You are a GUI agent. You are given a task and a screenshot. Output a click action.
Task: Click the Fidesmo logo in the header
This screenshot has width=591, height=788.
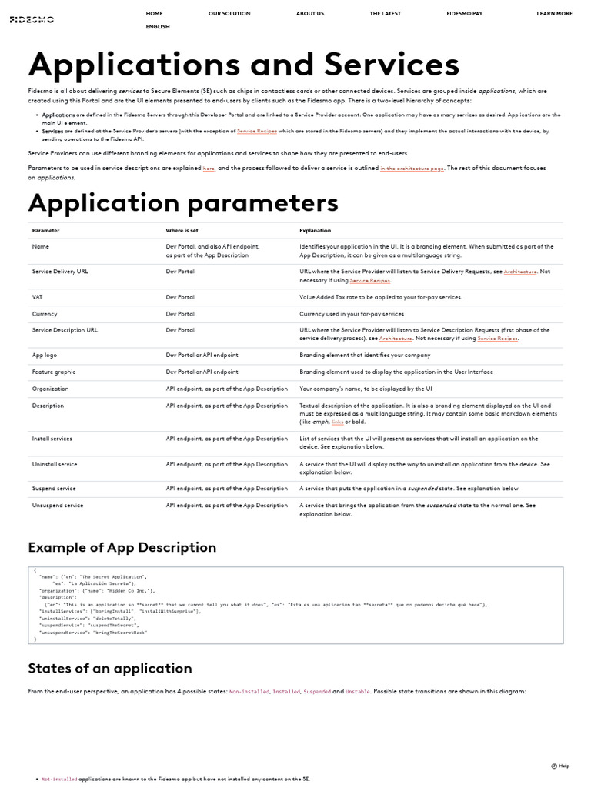click(26, 20)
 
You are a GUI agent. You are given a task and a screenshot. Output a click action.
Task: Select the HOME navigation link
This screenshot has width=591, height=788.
click(154, 13)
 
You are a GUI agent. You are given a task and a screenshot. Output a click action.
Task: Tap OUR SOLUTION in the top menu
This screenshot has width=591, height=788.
click(229, 13)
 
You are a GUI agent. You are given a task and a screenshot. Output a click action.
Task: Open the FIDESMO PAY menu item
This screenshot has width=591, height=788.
click(465, 13)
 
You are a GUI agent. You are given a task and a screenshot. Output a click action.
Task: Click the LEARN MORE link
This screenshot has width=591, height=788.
click(554, 13)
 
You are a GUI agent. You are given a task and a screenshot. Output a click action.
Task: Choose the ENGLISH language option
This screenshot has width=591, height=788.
click(158, 27)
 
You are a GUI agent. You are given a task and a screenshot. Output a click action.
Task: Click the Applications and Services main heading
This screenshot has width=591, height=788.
click(244, 64)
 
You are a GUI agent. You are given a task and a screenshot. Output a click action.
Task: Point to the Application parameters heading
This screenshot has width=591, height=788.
click(183, 202)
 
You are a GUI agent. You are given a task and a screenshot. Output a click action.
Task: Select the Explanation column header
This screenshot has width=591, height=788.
click(315, 230)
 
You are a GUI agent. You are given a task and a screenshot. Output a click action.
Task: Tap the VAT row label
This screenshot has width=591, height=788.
click(37, 297)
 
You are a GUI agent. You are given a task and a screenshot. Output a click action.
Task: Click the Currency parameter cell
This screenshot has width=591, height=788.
click(45, 314)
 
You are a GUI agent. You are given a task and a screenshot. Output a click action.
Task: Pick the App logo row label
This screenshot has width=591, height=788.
click(45, 355)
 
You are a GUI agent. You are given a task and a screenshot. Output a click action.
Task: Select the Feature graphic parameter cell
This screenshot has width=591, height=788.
click(54, 372)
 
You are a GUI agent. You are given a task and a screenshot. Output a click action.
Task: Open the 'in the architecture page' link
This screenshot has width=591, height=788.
click(412, 168)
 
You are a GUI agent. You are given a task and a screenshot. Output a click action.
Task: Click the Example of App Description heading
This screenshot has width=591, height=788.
click(122, 547)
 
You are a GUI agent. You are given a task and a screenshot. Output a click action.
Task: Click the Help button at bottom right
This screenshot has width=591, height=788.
click(560, 766)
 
